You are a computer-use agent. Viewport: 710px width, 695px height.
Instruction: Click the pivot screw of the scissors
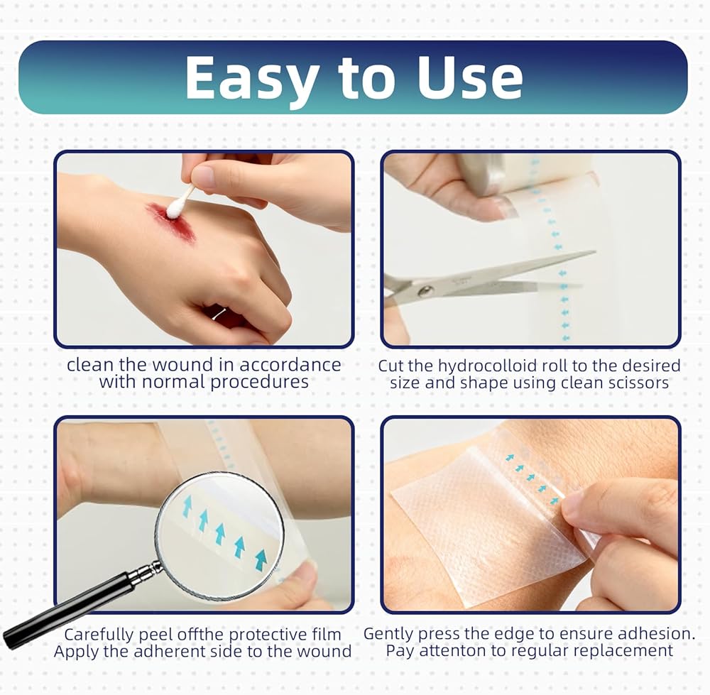pyautogui.click(x=425, y=291)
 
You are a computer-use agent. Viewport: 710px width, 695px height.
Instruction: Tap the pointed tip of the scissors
pyautogui.click(x=594, y=252)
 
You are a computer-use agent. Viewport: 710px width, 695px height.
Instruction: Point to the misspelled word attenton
pyautogui.click(x=447, y=650)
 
